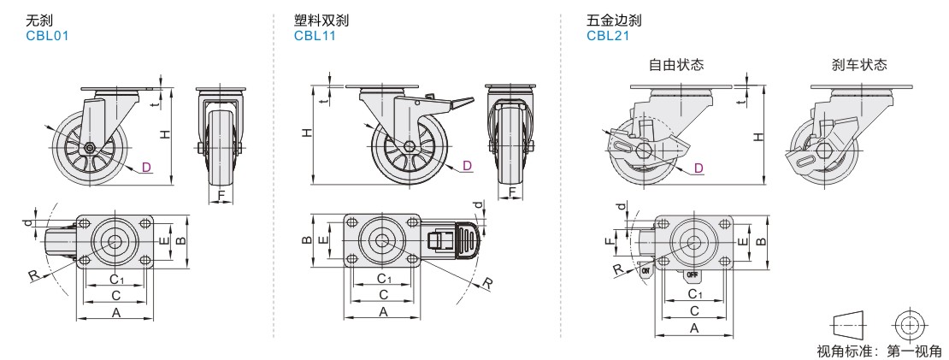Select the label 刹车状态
(x=858, y=64)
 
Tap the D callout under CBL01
(x=147, y=166)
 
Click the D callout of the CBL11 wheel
(x=468, y=164)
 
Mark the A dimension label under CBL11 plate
(x=383, y=314)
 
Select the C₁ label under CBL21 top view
(x=695, y=293)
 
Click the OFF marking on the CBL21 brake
(x=693, y=274)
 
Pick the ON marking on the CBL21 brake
(x=646, y=269)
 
